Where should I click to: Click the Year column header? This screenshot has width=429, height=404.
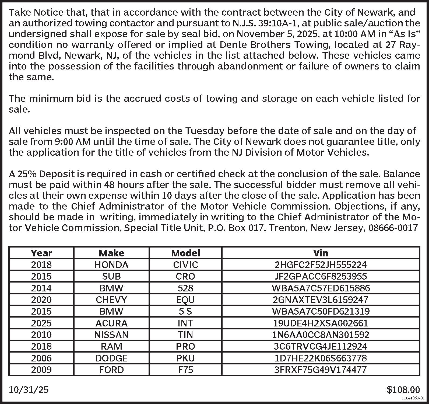(41, 253)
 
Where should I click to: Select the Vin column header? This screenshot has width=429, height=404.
(321, 253)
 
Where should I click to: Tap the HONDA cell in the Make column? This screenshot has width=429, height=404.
(111, 265)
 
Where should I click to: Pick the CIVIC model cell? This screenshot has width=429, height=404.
(185, 265)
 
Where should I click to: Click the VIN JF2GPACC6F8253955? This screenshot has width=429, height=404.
(321, 276)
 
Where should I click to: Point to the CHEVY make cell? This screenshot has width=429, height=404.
(111, 299)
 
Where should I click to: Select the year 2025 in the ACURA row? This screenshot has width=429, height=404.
(41, 323)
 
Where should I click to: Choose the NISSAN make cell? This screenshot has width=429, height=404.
(111, 335)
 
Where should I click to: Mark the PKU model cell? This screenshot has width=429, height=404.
(185, 358)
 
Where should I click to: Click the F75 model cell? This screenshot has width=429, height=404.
(185, 370)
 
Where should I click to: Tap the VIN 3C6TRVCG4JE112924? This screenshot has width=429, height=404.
(321, 346)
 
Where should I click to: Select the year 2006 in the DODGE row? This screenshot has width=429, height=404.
(41, 358)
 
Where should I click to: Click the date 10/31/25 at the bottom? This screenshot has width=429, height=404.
(29, 389)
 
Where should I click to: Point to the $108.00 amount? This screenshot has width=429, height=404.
(403, 389)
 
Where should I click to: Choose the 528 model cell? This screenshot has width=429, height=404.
(185, 288)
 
